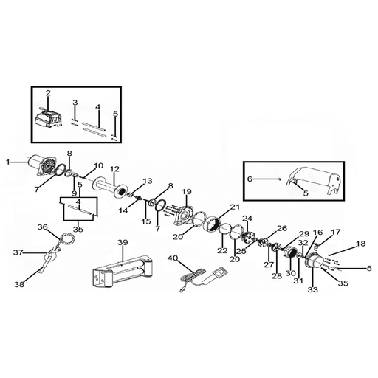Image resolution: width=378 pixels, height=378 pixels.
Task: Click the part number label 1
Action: tap(8, 162)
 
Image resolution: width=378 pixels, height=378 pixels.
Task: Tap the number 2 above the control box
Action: tap(48, 93)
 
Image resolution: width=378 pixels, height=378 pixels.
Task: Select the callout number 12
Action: tap(114, 169)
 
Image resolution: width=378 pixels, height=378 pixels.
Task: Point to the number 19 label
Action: tap(186, 191)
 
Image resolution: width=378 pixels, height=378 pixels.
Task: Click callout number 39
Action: tap(123, 242)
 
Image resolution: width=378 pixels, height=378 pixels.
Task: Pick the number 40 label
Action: tap(172, 258)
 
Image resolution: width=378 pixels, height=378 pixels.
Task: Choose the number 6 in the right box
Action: tap(250, 179)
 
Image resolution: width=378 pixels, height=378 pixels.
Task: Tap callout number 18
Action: tap(361, 244)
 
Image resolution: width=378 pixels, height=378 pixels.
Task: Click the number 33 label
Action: tap(313, 289)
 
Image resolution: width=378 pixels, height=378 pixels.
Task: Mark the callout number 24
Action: tap(247, 218)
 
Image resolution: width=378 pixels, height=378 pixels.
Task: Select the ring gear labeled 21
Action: tap(212, 223)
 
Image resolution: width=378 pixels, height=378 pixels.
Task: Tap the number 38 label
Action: tap(19, 285)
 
